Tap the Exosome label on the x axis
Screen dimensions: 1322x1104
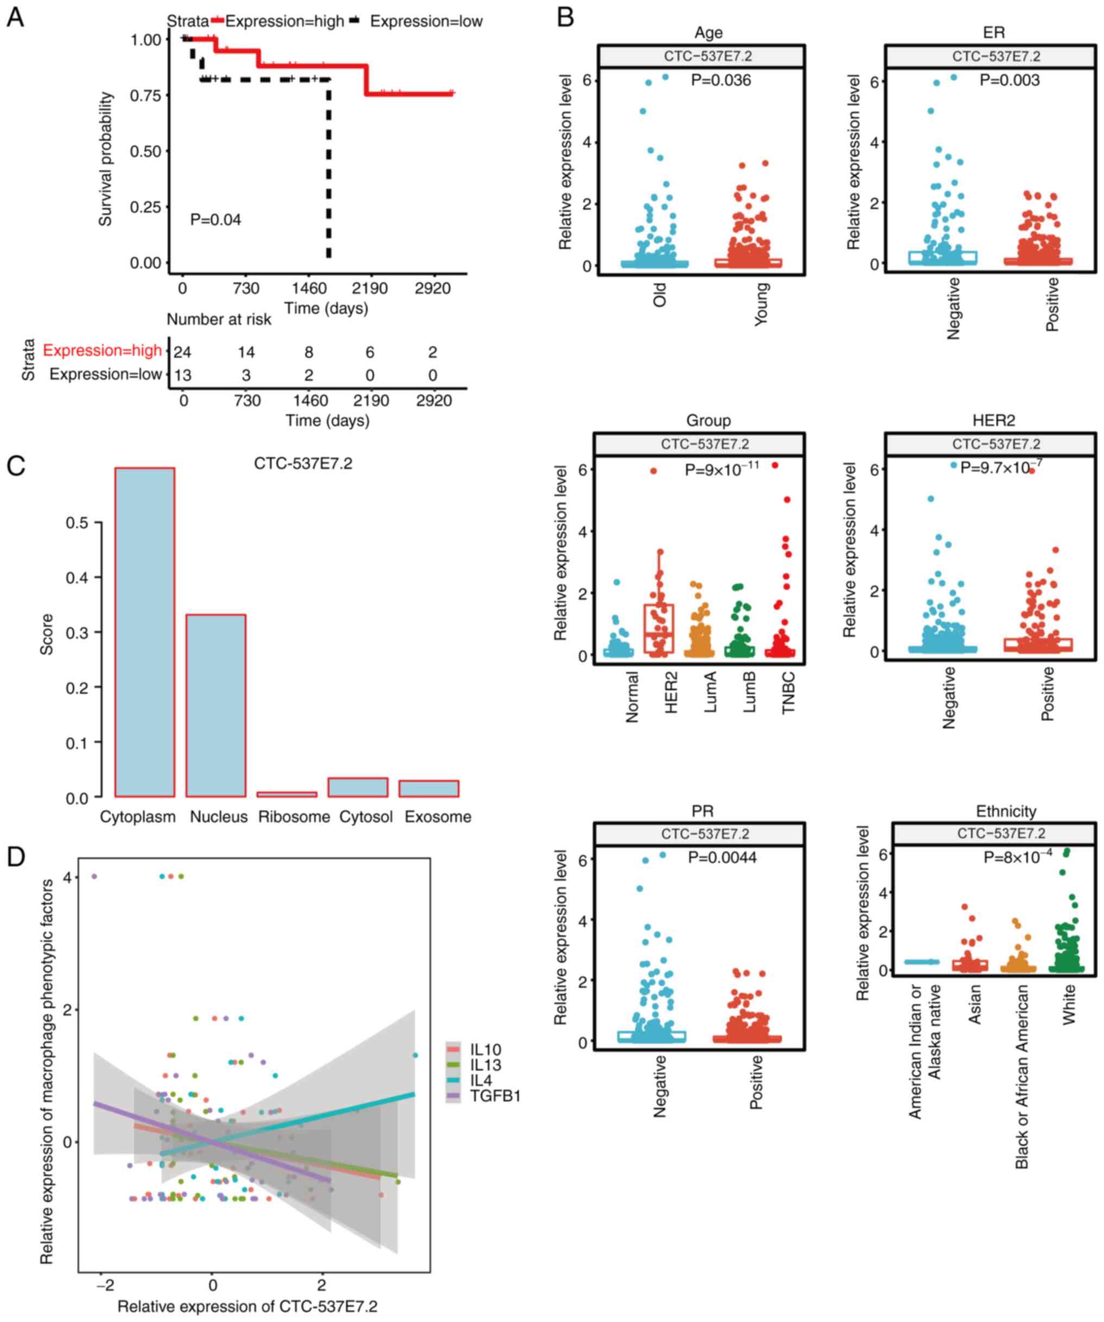click(x=438, y=817)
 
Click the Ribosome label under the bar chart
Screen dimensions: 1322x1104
click(x=294, y=817)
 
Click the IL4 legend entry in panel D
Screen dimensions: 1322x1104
click(x=480, y=1081)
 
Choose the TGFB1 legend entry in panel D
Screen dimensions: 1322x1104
click(x=495, y=1096)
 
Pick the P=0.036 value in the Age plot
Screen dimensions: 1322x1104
click(x=720, y=80)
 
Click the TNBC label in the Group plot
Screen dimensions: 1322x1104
click(x=788, y=692)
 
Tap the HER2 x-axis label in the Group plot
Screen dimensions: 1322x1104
click(x=672, y=692)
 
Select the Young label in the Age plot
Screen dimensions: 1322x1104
click(x=761, y=304)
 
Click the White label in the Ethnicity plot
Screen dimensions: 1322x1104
click(x=1069, y=1005)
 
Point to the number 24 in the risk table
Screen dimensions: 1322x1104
click(x=182, y=352)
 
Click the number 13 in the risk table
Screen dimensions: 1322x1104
click(x=182, y=375)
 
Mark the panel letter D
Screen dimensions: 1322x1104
click(x=16, y=856)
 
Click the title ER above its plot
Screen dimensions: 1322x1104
click(x=993, y=32)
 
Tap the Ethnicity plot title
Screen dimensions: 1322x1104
click(x=1006, y=811)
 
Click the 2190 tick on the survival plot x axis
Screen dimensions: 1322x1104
click(x=369, y=288)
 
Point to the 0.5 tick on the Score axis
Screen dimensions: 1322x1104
click(x=77, y=523)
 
